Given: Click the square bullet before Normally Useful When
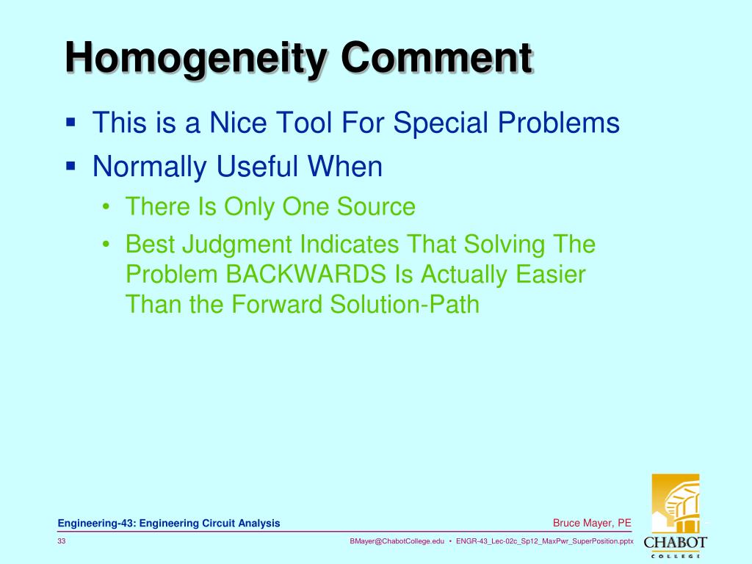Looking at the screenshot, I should point(70,166).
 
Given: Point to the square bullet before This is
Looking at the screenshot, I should point(70,122).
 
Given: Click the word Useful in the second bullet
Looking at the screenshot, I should point(258,167).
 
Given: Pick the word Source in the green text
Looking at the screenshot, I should point(376,207).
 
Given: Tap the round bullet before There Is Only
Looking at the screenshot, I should point(107,208).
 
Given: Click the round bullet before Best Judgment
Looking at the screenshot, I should point(107,245).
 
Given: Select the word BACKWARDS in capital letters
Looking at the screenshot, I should point(307,274).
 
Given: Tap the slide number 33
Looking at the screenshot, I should point(62,541).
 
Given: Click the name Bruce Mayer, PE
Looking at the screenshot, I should point(592,523).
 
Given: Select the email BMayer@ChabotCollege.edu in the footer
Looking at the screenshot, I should point(397,541).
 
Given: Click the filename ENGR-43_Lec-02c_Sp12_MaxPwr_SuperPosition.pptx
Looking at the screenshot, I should point(544,541).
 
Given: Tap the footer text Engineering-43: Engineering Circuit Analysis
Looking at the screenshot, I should point(169,523).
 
